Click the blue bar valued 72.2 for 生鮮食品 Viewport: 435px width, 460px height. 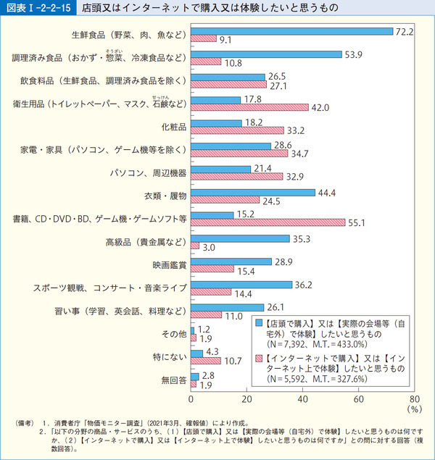292,31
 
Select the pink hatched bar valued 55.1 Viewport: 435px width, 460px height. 268,222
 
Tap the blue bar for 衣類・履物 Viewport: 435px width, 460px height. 253,192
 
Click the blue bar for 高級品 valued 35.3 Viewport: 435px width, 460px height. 241,238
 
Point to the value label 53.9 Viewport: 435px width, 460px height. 354,54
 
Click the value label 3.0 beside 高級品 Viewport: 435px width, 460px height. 209,247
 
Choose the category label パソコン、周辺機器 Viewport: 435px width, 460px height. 149,172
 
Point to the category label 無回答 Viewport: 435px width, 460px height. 175,380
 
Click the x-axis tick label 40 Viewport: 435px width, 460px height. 303,399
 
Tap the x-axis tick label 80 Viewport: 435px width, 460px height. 415,399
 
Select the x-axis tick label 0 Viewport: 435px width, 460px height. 191,399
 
